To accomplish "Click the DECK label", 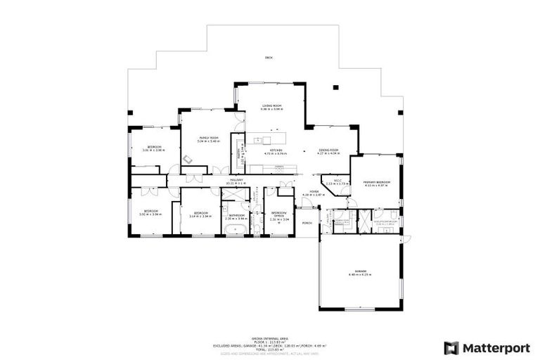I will (x=268, y=57).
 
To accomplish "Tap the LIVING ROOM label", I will (x=272, y=105).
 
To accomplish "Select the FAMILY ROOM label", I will (x=209, y=138).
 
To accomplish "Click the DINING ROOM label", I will (x=329, y=150).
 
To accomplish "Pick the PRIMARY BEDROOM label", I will (x=376, y=182).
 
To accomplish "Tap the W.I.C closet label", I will (x=337, y=181).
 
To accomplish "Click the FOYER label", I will (x=310, y=191).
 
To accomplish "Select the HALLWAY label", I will (x=236, y=181).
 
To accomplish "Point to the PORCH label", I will (x=307, y=224).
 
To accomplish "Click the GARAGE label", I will (x=361, y=271).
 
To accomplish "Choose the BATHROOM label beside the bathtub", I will (x=236, y=215).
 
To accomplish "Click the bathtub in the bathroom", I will (x=235, y=230).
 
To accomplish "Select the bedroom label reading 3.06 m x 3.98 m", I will (x=153, y=147).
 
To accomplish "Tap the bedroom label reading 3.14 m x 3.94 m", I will (x=200, y=213).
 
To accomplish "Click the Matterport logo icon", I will (x=450, y=347).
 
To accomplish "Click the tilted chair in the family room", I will (x=188, y=159).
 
